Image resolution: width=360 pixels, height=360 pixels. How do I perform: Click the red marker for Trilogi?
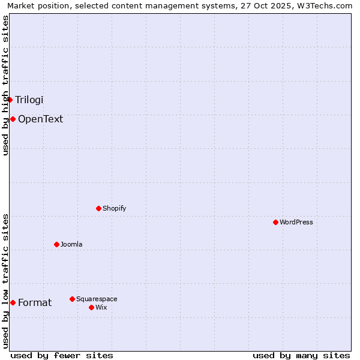[10, 100]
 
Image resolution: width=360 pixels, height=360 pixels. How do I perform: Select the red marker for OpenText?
[13, 119]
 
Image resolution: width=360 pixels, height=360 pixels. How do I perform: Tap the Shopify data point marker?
[98, 208]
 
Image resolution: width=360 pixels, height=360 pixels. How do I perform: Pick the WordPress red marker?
[275, 222]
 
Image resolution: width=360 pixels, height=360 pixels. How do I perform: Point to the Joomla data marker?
[56, 244]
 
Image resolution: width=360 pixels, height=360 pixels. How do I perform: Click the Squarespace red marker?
[72, 299]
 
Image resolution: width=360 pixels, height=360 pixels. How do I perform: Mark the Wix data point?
[91, 307]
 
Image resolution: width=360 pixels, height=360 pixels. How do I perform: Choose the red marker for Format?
[13, 302]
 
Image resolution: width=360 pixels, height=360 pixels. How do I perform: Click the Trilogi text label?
[29, 100]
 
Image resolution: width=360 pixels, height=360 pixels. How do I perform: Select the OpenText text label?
[40, 119]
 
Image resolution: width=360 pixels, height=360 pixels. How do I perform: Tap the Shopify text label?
[114, 208]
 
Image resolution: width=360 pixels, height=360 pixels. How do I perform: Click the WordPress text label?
[296, 222]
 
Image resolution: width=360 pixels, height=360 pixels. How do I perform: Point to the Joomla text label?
[71, 244]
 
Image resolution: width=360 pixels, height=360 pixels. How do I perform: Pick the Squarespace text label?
[97, 299]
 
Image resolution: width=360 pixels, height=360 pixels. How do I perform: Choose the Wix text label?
[101, 307]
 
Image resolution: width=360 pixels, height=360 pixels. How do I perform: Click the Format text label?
[35, 302]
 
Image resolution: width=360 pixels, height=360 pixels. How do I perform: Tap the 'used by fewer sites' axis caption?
[62, 355]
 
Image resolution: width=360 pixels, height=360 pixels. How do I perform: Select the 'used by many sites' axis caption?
[301, 355]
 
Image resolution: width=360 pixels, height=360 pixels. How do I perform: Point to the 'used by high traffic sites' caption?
[5, 85]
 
